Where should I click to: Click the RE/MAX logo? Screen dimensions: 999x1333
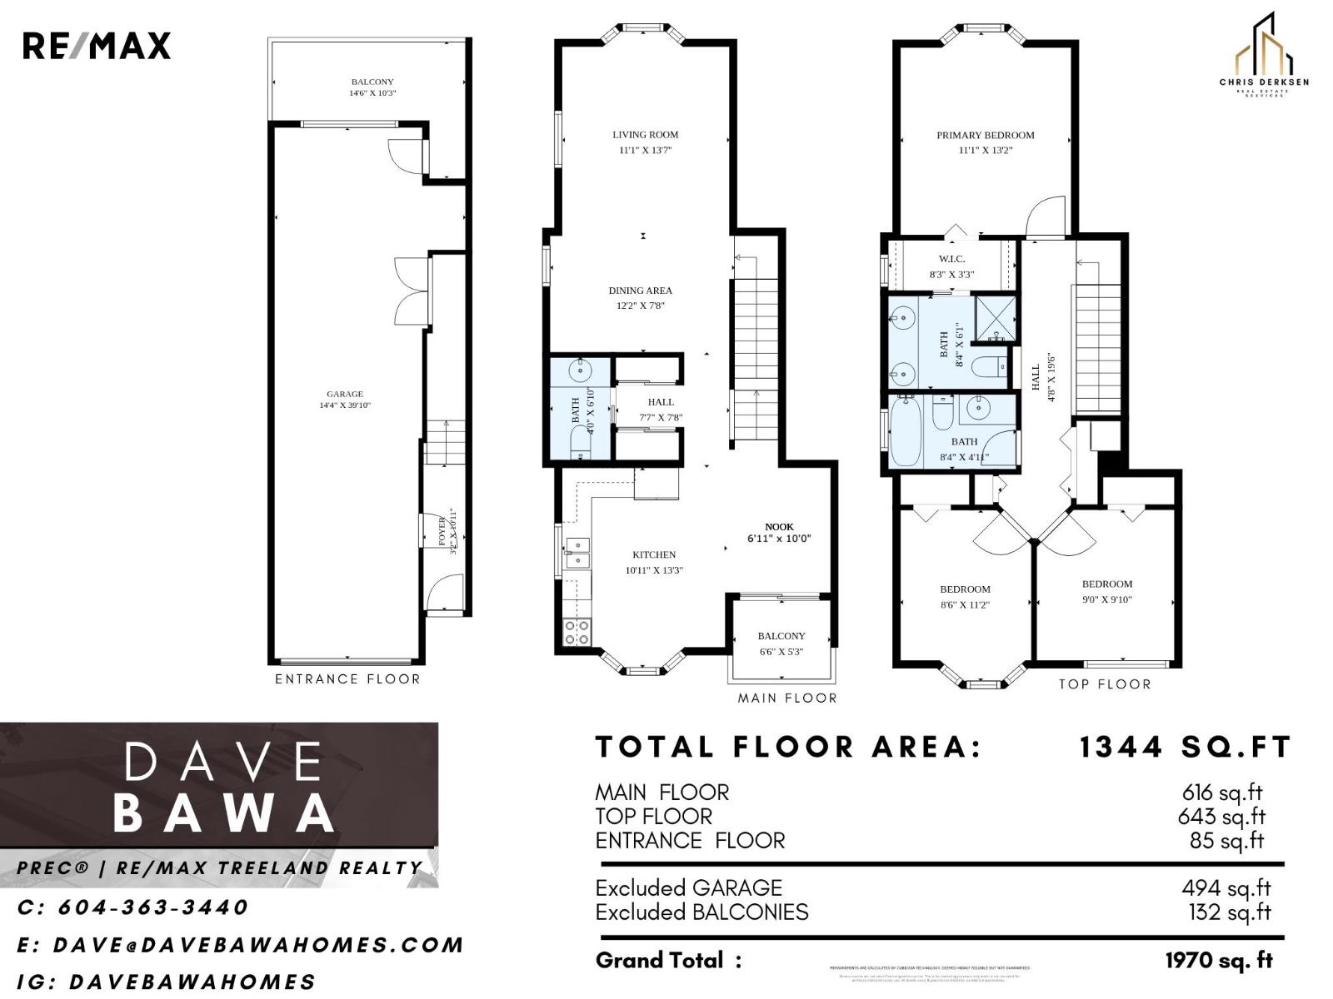click(96, 46)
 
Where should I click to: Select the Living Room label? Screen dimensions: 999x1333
click(645, 134)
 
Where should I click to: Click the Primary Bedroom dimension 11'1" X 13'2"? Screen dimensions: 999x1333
click(985, 151)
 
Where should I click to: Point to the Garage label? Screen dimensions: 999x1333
click(344, 394)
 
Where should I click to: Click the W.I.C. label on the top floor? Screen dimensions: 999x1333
click(951, 259)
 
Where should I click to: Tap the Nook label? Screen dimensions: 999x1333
click(779, 526)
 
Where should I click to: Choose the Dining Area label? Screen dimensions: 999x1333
click(640, 291)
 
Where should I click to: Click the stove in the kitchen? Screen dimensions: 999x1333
click(577, 633)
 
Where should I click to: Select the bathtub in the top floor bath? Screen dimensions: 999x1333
click(905, 431)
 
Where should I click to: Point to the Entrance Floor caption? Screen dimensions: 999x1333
click(347, 679)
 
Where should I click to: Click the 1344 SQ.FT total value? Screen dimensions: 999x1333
click(1184, 747)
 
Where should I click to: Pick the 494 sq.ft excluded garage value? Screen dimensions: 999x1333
click(1226, 888)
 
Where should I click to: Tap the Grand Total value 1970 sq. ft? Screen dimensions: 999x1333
click(1218, 961)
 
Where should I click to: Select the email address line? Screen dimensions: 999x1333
click(240, 945)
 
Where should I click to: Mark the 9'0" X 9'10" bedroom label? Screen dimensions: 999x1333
click(1106, 599)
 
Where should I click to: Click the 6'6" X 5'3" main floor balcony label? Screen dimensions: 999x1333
click(781, 652)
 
